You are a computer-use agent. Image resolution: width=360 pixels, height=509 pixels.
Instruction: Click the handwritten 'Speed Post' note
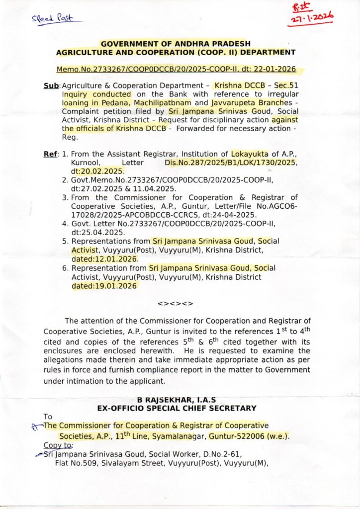52,18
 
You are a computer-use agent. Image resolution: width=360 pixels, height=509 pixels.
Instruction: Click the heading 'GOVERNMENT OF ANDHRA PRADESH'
176,44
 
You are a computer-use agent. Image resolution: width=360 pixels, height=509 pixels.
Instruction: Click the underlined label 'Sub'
51,86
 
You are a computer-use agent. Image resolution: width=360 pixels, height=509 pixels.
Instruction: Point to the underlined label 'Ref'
51,154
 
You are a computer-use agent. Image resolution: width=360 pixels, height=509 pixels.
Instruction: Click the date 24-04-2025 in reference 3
235,215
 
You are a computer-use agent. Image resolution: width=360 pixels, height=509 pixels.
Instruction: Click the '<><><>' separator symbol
175,303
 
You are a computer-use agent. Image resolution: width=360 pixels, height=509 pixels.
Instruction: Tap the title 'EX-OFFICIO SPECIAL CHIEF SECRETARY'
177,408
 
